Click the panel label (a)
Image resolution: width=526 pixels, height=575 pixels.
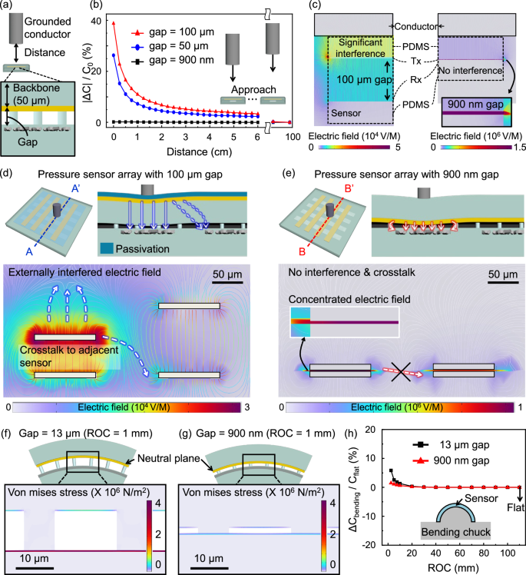[x=10, y=8]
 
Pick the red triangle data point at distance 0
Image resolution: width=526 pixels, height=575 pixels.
[x=114, y=24]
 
